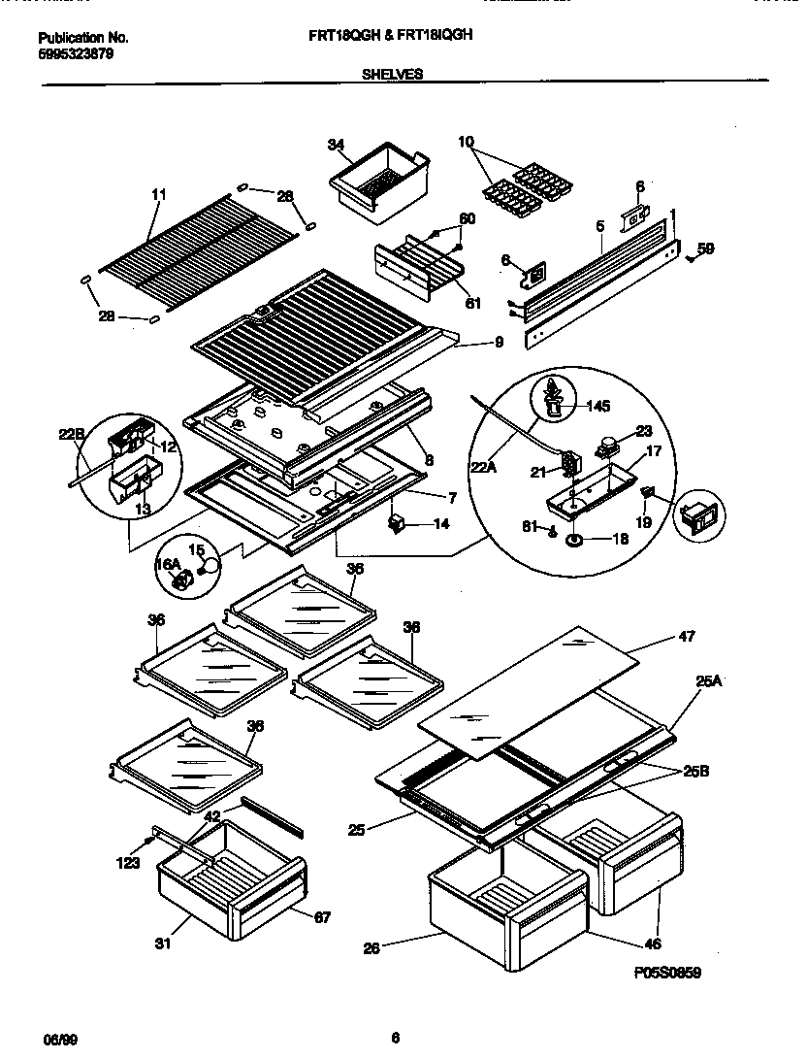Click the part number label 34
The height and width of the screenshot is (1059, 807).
pos(336,146)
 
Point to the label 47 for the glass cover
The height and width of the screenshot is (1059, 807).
pos(686,638)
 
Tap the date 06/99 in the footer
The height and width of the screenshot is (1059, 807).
pos(60,1040)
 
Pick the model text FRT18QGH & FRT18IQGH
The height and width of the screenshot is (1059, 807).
pos(394,37)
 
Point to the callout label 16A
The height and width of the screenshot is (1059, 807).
pos(169,563)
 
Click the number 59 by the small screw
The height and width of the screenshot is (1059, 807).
pos(705,248)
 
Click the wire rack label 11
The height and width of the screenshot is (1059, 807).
pos(159,194)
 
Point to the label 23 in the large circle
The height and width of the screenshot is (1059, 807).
pos(644,431)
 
